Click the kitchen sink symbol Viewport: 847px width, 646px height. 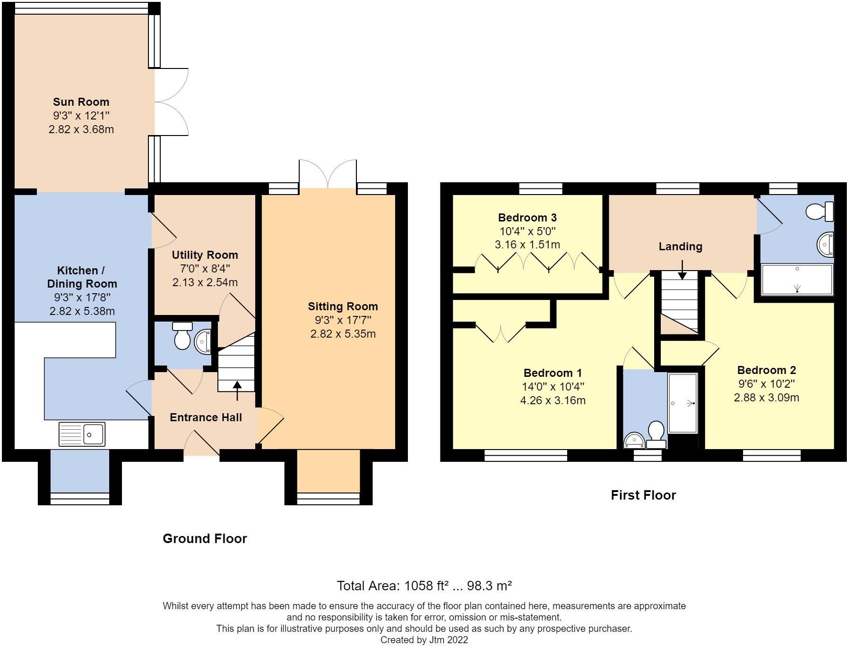click(x=82, y=434)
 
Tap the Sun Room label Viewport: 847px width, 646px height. click(x=81, y=102)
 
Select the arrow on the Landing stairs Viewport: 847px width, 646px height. click(x=682, y=271)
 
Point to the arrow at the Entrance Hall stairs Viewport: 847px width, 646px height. click(x=237, y=390)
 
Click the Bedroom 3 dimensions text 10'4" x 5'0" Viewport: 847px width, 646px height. click(x=527, y=231)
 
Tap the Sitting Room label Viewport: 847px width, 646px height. click(x=343, y=306)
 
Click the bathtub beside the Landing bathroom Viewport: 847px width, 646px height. click(x=797, y=280)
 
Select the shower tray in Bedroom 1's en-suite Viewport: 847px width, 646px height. click(x=683, y=403)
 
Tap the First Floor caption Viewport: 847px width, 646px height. click(x=643, y=495)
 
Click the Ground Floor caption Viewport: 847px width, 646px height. click(x=205, y=538)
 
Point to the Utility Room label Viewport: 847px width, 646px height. click(x=205, y=255)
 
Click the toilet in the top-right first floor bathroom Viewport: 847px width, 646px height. click(x=819, y=211)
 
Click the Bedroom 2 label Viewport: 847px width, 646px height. click(x=766, y=370)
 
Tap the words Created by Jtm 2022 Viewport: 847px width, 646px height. click(x=424, y=640)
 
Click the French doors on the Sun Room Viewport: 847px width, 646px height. click(x=171, y=102)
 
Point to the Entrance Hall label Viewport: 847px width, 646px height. click(x=206, y=417)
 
